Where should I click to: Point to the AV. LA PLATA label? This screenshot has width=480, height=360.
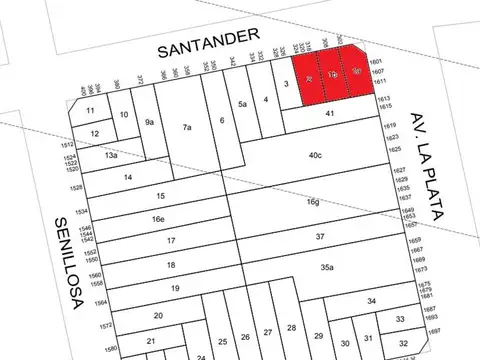(428, 155)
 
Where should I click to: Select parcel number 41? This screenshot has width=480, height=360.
(328, 116)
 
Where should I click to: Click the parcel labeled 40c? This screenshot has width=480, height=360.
(315, 155)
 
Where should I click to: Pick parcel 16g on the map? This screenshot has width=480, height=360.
(314, 202)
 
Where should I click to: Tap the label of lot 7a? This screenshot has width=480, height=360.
(186, 127)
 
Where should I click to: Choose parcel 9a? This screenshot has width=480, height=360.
(150, 122)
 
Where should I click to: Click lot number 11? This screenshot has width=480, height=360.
(91, 110)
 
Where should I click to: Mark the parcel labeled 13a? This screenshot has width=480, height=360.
(111, 156)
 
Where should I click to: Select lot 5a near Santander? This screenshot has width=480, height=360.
(241, 104)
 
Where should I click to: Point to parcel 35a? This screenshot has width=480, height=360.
(326, 268)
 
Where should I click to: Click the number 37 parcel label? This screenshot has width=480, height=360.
(320, 236)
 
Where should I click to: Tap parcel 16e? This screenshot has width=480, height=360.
(158, 219)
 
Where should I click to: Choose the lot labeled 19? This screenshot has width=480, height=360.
(174, 288)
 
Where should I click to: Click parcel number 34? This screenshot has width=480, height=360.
(371, 301)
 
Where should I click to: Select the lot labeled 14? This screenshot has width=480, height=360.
(128, 177)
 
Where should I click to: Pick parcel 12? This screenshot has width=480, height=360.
(94, 134)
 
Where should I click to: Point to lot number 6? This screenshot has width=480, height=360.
(222, 120)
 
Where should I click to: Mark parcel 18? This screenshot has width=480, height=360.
(171, 265)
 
